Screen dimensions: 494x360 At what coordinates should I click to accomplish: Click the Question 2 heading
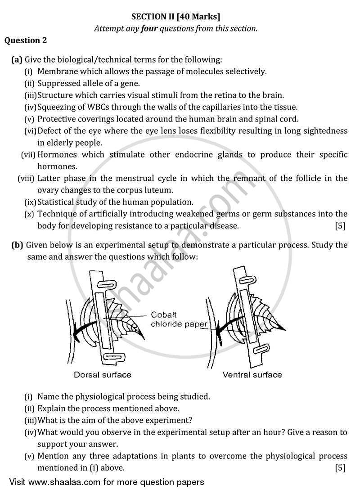26,40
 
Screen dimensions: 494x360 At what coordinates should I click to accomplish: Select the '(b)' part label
18,245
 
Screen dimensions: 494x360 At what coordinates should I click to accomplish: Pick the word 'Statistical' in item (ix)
56,202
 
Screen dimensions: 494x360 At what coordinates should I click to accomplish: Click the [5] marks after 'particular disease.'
340,226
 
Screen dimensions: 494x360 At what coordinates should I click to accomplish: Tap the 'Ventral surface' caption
252,374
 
